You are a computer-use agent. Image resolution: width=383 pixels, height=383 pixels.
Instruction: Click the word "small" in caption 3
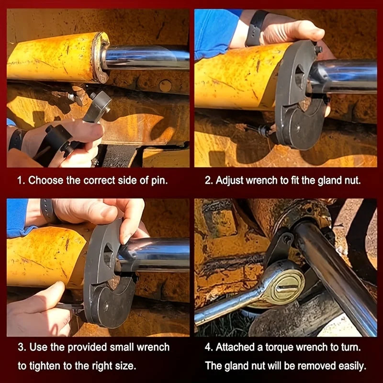(121, 347)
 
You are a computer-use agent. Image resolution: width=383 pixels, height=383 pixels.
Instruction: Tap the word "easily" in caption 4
(352, 366)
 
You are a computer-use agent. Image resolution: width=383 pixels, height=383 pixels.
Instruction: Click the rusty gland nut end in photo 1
(100, 57)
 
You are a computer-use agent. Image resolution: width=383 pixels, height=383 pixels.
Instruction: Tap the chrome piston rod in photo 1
(146, 57)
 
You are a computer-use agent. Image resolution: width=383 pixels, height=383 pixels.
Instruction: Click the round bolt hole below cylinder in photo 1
(165, 86)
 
